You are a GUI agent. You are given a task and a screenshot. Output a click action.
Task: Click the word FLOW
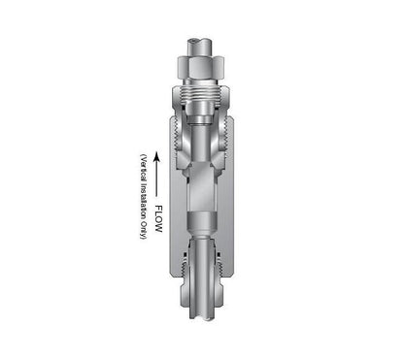(x=158, y=218)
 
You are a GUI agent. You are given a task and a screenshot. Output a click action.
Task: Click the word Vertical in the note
(x=144, y=169)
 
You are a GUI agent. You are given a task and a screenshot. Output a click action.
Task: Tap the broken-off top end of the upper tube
(x=201, y=43)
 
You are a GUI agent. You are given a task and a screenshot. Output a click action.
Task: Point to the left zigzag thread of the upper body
(x=176, y=134)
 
